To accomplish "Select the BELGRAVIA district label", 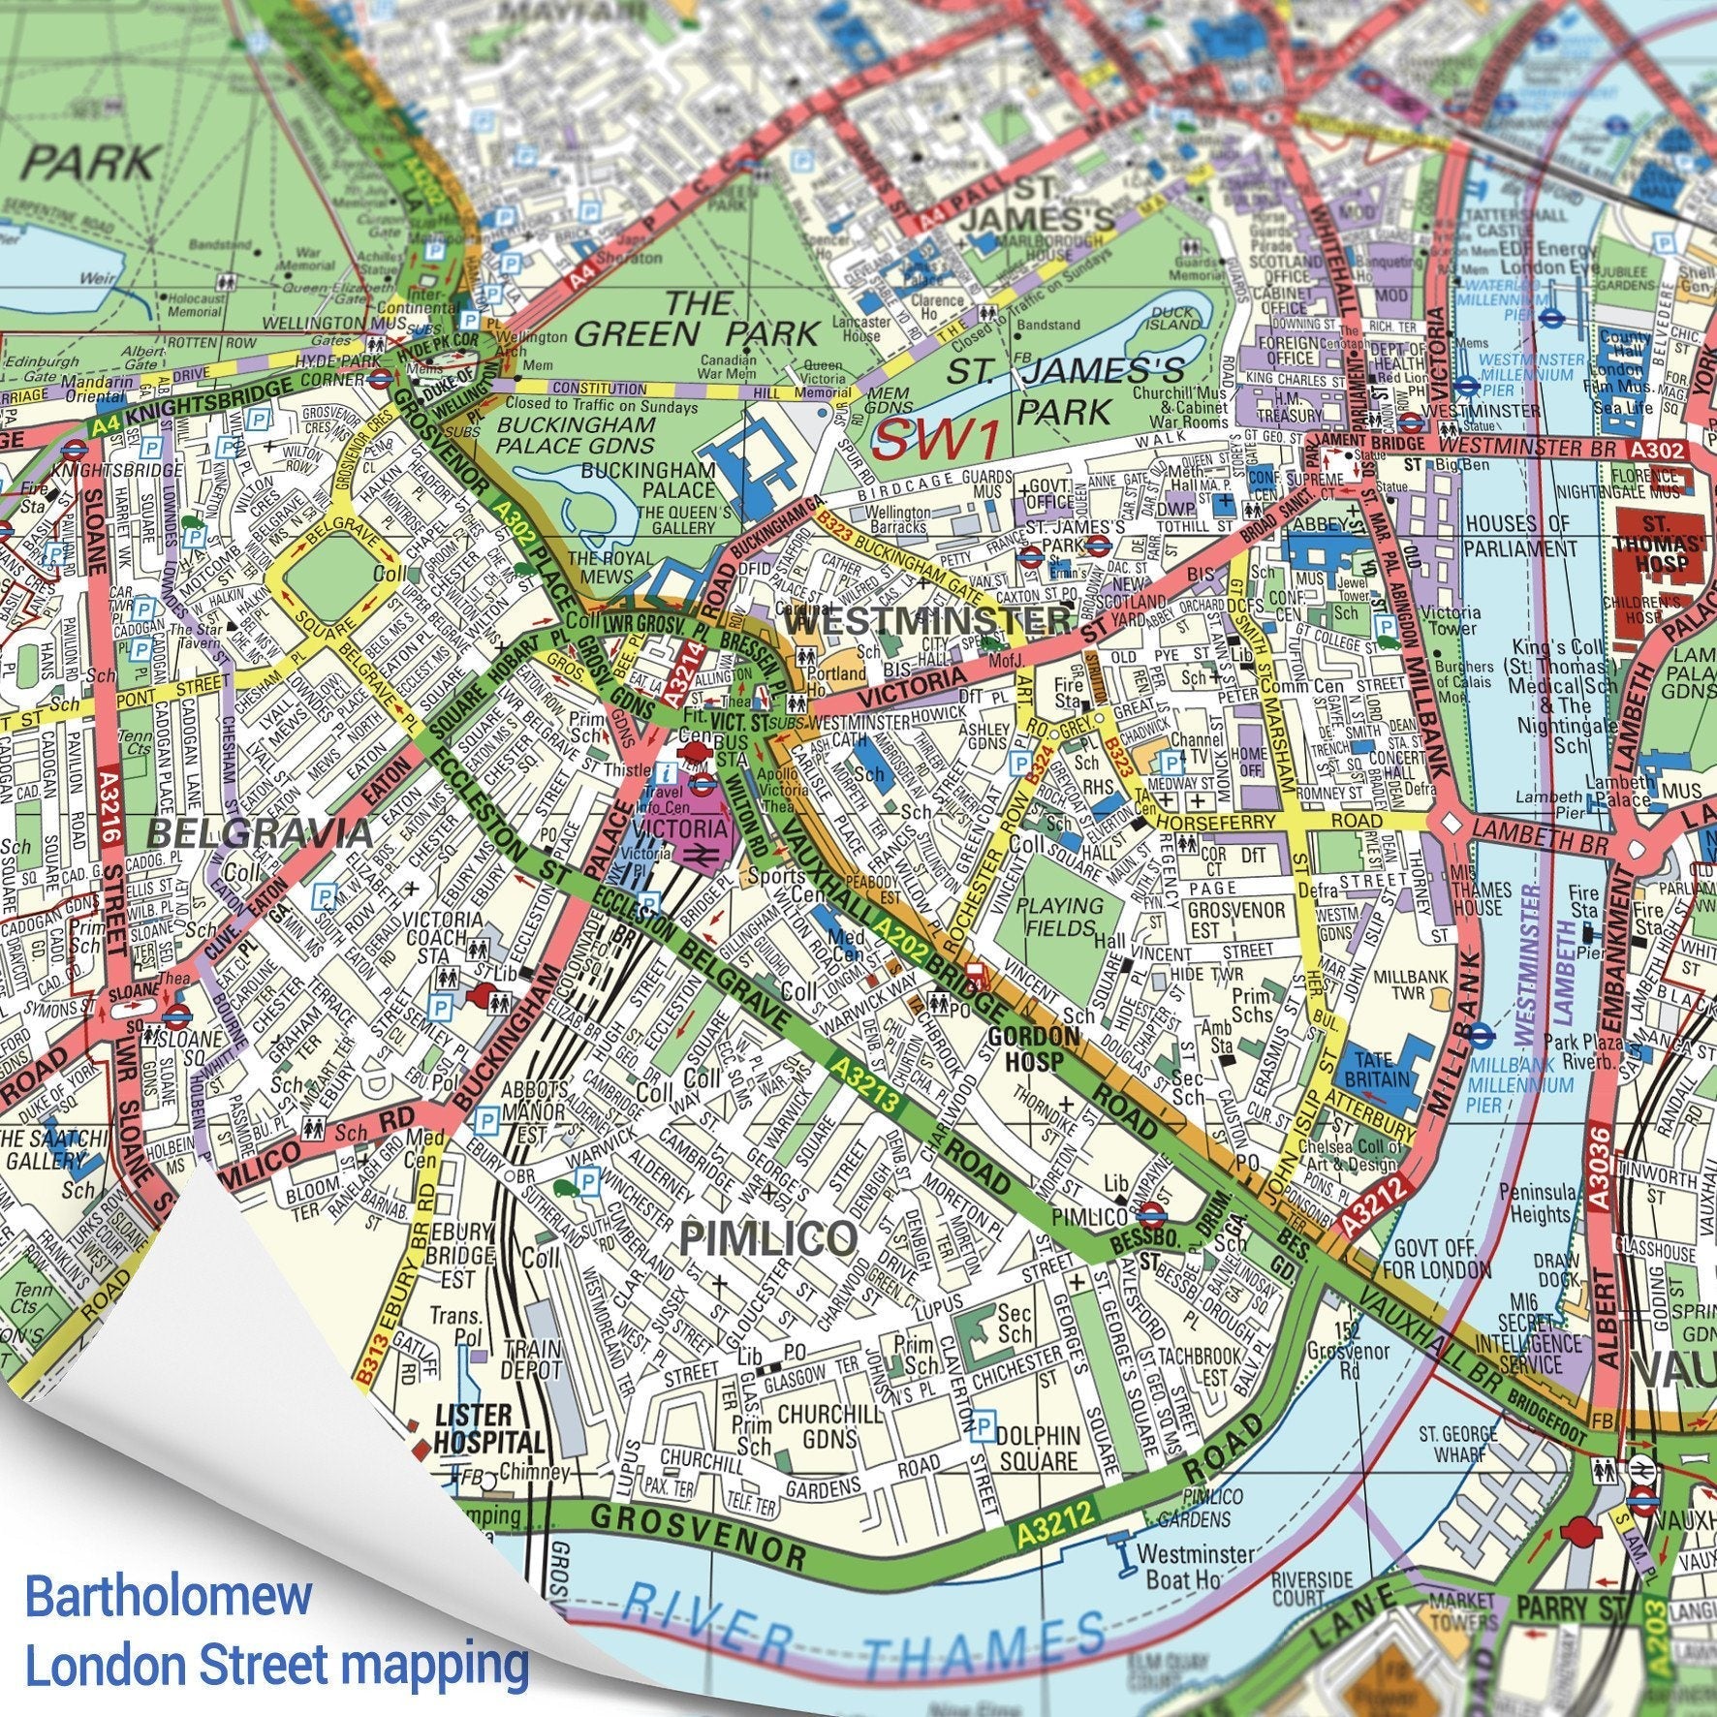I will (x=260, y=832).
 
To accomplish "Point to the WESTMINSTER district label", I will (x=927, y=620).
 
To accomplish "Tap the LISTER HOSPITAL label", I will (x=488, y=1427).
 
